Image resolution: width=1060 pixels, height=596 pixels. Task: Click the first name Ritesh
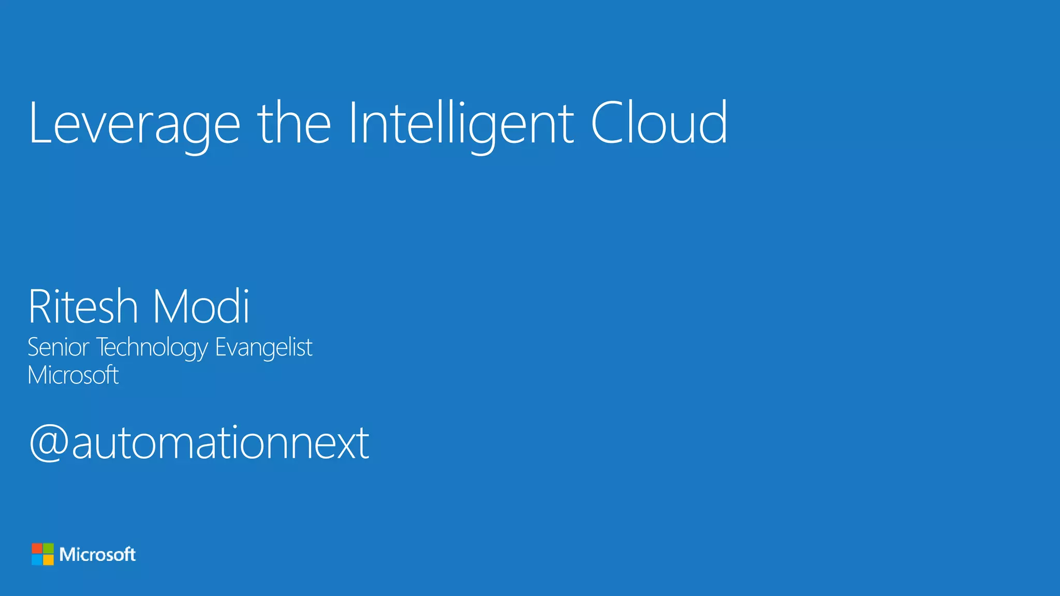pyautogui.click(x=83, y=307)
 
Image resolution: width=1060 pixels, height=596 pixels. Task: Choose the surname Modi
pyautogui.click(x=201, y=307)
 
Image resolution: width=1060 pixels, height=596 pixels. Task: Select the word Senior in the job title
pyautogui.click(x=58, y=347)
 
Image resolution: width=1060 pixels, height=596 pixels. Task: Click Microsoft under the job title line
pyautogui.click(x=73, y=375)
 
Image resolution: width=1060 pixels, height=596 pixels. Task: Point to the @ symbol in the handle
pyautogui.click(x=49, y=443)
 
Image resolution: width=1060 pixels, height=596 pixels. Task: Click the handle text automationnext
pyautogui.click(x=220, y=443)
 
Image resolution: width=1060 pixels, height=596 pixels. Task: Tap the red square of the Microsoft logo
pyautogui.click(x=37, y=548)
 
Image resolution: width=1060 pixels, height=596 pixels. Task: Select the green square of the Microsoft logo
pyautogui.click(x=48, y=548)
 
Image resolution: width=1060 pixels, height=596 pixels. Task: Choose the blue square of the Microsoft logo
pyautogui.click(x=37, y=560)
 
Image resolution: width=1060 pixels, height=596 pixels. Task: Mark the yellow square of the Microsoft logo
pyautogui.click(x=48, y=560)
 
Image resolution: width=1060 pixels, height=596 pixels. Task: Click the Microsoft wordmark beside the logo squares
pyautogui.click(x=97, y=555)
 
